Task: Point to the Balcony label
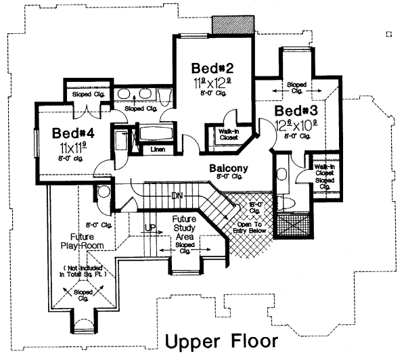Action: (x=227, y=168)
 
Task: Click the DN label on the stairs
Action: (x=177, y=196)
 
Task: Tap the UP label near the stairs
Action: (x=150, y=228)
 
